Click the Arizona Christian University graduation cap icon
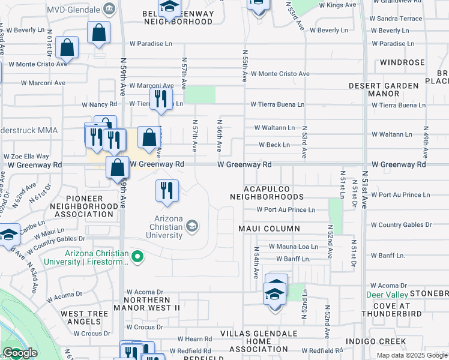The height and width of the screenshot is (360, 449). coord(192,226)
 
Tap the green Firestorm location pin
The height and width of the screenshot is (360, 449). coord(137,257)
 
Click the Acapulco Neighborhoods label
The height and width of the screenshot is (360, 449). coord(267,193)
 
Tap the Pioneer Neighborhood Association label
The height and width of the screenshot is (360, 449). coord(84,206)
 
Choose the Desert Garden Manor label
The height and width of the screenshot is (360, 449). coord(384,89)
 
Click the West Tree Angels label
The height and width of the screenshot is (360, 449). coord(88,318)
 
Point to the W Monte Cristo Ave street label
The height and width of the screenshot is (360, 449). coord(280,74)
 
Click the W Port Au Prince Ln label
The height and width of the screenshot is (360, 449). coord(285,209)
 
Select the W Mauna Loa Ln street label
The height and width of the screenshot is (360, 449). coord(293,247)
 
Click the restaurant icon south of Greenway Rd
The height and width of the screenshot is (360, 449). coord(167,190)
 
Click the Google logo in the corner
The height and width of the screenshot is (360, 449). coord(20,353)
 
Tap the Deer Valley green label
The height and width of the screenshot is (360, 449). coord(388,295)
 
